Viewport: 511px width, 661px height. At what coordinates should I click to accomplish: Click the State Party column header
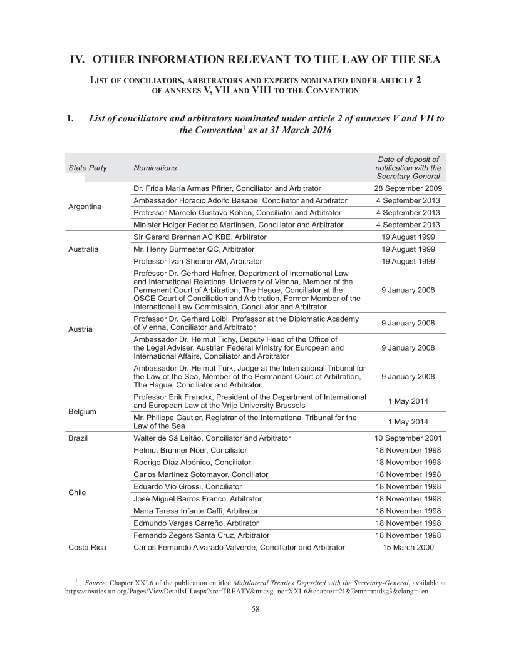click(x=88, y=168)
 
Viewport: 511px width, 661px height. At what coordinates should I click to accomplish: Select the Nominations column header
click(x=155, y=168)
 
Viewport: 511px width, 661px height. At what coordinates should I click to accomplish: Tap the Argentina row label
click(x=85, y=206)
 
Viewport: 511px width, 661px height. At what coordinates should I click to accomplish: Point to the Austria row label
click(x=80, y=329)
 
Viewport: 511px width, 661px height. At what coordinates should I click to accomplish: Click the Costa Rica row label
click(x=87, y=547)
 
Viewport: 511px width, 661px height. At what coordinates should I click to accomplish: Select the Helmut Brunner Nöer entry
click(x=190, y=450)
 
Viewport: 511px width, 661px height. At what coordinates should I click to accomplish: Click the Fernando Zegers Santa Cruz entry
click(x=202, y=535)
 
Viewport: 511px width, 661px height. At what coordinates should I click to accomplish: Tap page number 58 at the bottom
click(x=255, y=611)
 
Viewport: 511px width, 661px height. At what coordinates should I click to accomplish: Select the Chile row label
click(x=78, y=493)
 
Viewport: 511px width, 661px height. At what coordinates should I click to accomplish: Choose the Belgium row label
click(x=83, y=411)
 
